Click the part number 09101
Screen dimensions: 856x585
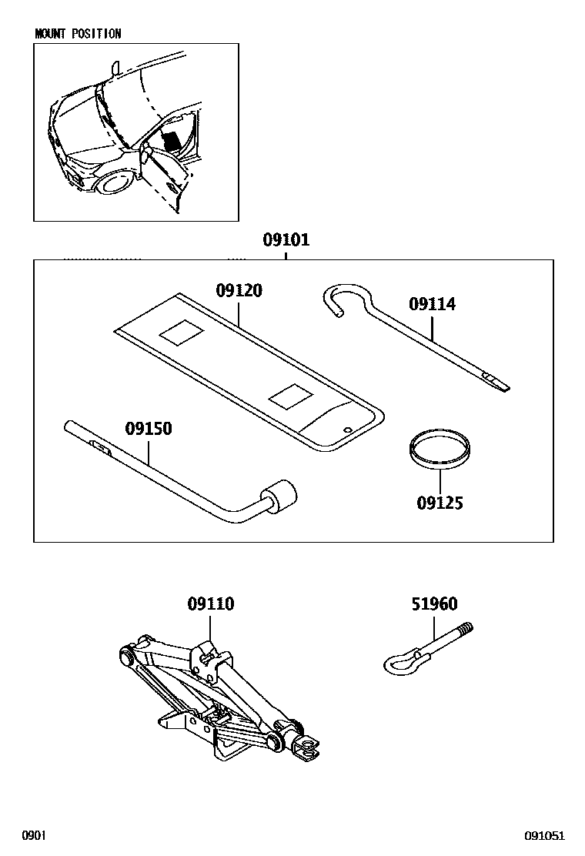[x=286, y=239]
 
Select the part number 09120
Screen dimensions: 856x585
[x=239, y=290]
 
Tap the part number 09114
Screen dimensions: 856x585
[x=432, y=304]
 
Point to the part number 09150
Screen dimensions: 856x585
[x=149, y=428]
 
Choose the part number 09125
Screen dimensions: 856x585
[x=440, y=503]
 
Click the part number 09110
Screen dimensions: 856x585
[x=211, y=604]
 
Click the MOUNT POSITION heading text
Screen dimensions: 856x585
[x=78, y=34]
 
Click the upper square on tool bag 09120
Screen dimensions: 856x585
[x=182, y=333]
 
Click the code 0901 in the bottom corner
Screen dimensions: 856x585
[x=35, y=836]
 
